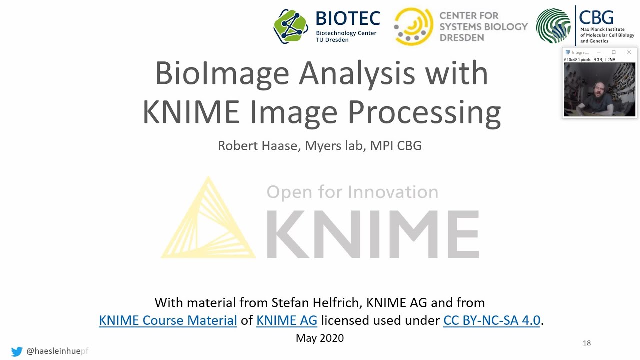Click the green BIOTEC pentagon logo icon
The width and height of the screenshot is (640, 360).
click(291, 26)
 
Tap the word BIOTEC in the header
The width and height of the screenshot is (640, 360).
click(348, 19)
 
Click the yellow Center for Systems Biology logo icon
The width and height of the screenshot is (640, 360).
click(413, 26)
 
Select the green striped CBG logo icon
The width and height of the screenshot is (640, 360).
click(553, 26)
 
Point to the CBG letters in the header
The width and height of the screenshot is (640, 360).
click(596, 17)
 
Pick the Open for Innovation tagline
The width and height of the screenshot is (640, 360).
click(352, 192)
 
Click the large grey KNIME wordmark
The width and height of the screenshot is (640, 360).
click(372, 234)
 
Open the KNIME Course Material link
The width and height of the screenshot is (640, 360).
click(168, 320)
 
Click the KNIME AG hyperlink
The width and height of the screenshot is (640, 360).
click(287, 320)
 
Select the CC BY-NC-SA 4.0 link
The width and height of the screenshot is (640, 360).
click(492, 320)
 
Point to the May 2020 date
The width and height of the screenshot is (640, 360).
click(320, 338)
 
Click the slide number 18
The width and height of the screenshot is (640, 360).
click(587, 343)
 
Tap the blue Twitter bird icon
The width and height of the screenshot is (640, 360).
click(17, 351)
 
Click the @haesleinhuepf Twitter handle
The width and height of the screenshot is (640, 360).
click(57, 351)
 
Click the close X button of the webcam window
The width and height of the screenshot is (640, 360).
click(629, 52)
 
